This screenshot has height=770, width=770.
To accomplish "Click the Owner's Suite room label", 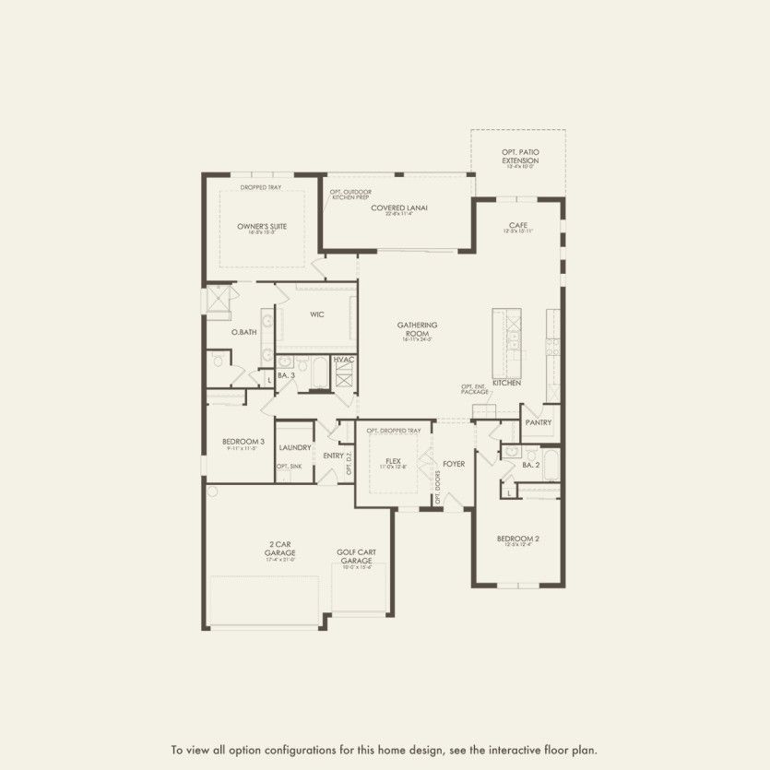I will [257, 226].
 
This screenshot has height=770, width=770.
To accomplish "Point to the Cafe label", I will [517, 225].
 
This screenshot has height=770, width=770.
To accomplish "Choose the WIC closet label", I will [316, 314].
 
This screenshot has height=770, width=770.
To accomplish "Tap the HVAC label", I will [344, 359].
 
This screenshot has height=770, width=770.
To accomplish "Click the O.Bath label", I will [244, 332].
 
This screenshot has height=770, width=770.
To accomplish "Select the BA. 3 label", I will [286, 376].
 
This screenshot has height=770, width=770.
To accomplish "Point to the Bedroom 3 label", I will [243, 443].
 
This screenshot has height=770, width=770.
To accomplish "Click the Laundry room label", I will [295, 447].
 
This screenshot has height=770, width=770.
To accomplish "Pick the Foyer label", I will [454, 463].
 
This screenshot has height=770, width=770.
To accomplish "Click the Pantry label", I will [539, 422].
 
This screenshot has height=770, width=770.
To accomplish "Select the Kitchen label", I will [506, 382].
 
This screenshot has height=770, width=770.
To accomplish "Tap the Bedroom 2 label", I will [517, 539].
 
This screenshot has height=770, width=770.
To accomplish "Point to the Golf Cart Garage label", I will [356, 557].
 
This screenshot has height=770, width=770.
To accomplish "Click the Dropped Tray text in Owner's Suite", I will [261, 187].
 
